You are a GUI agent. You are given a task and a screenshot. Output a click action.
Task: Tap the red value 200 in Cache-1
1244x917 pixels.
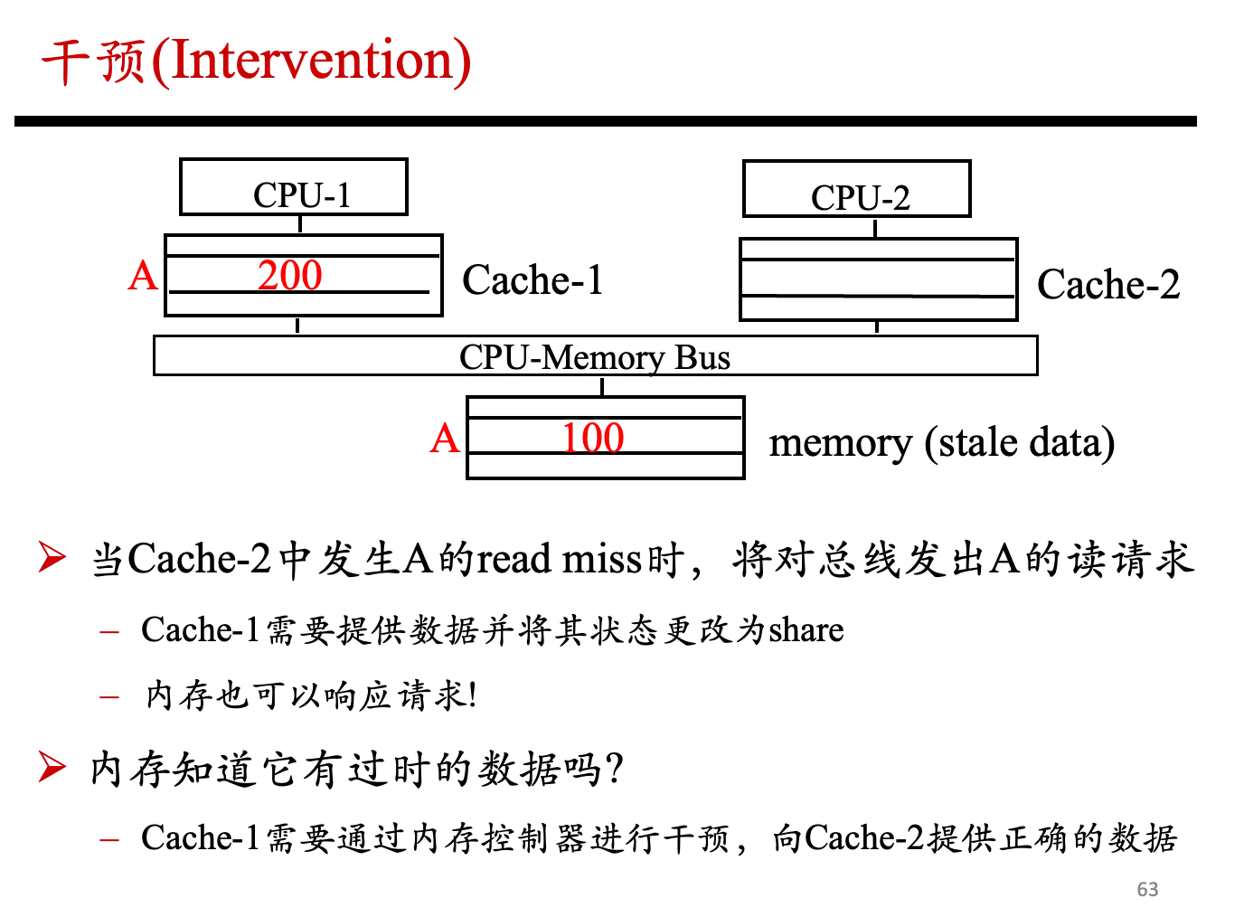(290, 275)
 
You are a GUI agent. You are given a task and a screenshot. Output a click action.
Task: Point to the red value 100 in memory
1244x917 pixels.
(593, 438)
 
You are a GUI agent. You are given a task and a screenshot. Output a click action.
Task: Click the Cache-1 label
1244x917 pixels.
(532, 279)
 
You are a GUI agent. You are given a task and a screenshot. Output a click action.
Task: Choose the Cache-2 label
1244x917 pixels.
(1108, 284)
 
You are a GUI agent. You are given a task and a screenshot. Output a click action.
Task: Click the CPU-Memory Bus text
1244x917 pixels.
(595, 357)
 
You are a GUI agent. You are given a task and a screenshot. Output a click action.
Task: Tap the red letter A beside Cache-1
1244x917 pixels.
(143, 276)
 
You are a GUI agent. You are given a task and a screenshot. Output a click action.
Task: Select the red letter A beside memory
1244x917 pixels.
(445, 439)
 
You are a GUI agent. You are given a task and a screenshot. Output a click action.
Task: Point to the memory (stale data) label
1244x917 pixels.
(942, 442)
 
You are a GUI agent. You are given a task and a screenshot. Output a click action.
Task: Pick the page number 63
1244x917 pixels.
(1147, 889)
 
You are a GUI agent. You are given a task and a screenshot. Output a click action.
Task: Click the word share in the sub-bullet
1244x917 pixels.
(806, 629)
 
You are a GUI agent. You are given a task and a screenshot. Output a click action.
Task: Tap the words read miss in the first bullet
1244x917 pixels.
(560, 559)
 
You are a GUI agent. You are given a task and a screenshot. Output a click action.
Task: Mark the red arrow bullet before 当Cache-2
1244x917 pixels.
(52, 556)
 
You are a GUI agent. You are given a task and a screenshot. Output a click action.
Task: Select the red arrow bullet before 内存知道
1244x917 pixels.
(52, 767)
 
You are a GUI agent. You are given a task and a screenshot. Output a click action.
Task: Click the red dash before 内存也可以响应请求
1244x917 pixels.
(109, 696)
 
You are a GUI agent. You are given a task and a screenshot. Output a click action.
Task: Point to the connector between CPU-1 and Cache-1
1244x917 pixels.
(300, 224)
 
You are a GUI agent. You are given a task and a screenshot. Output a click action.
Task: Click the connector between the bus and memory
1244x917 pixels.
(602, 386)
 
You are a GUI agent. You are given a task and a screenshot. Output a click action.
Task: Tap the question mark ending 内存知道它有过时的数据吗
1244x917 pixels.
(615, 769)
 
